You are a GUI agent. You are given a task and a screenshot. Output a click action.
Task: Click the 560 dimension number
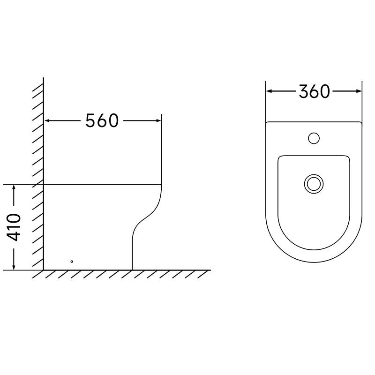102,120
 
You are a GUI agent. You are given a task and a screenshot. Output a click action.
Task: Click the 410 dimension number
14,227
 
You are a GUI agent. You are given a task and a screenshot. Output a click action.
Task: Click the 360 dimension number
314,91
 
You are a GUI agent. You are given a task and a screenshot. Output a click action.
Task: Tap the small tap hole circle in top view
314,138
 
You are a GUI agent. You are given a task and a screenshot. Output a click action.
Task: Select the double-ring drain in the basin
314,184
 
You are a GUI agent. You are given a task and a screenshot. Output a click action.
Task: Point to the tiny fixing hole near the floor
72,262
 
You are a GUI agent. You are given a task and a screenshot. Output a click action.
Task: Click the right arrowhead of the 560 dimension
158,120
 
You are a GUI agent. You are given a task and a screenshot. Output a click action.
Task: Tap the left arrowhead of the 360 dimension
269,91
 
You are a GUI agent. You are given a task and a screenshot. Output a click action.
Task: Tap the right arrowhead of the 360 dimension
359,91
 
